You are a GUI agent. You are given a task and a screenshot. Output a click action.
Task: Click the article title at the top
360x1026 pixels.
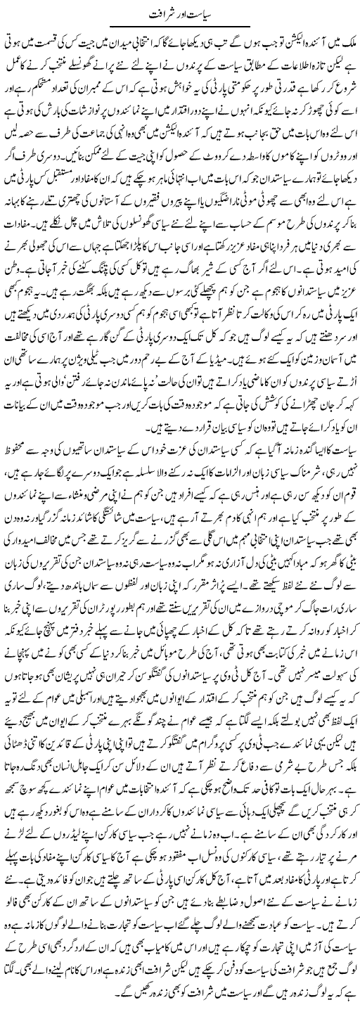click(x=179, y=15)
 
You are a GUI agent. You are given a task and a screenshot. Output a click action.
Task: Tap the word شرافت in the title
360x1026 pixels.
click(x=157, y=15)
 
